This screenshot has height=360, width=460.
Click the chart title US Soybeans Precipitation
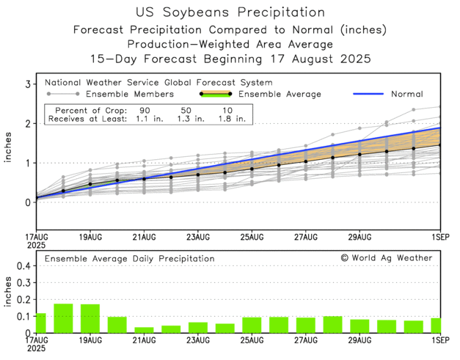[230, 12]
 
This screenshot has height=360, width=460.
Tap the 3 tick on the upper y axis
[26, 85]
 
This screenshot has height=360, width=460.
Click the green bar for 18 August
[63, 318]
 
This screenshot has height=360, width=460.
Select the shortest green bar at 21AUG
[145, 330]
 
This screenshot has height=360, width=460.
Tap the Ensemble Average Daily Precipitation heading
[129, 259]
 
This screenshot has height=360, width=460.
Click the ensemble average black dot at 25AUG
[252, 169]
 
